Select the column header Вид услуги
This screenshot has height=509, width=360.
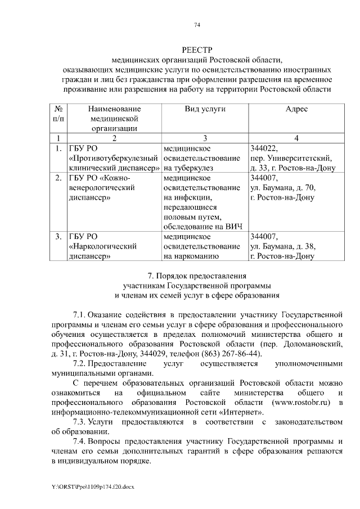(205, 109)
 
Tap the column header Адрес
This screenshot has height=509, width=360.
(296, 109)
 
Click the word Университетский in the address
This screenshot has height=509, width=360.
(303, 158)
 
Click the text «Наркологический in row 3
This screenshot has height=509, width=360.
(103, 246)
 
